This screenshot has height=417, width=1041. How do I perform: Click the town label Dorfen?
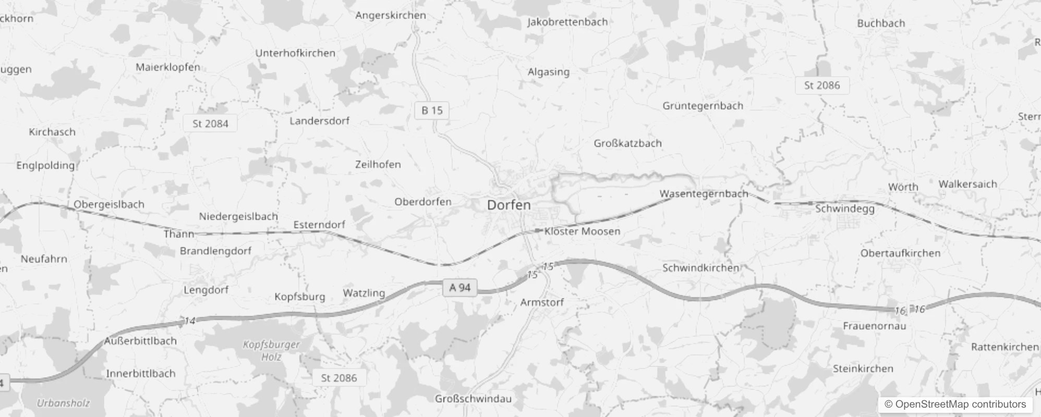(x=509, y=205)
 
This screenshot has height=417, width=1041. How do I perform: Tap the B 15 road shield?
(x=431, y=111)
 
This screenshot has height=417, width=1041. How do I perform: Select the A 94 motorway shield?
(x=459, y=288)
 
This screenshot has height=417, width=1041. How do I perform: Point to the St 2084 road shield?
(x=210, y=124)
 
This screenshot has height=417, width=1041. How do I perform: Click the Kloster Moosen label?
(x=582, y=231)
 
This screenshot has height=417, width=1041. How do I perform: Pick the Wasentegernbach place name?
(x=704, y=194)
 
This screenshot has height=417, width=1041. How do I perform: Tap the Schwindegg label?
(x=844, y=208)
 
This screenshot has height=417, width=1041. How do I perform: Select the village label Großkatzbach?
(x=627, y=143)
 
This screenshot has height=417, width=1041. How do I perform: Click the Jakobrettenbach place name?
(x=567, y=22)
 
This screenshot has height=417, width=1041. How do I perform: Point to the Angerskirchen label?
(x=391, y=15)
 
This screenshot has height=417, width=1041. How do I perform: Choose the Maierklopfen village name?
(x=168, y=67)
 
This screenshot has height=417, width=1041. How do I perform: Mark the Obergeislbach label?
(x=109, y=204)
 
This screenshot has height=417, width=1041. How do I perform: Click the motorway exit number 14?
(x=189, y=321)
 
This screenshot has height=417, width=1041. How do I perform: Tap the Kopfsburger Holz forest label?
(x=271, y=351)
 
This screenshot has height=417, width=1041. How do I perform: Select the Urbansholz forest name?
(x=63, y=403)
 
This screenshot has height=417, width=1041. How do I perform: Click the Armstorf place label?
(x=542, y=302)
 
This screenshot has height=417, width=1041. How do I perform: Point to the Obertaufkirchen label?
(x=900, y=253)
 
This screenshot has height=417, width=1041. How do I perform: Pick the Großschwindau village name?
(x=473, y=399)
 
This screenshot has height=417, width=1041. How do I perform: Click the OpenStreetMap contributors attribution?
(x=955, y=404)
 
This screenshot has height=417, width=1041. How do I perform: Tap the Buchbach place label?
(x=881, y=23)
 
